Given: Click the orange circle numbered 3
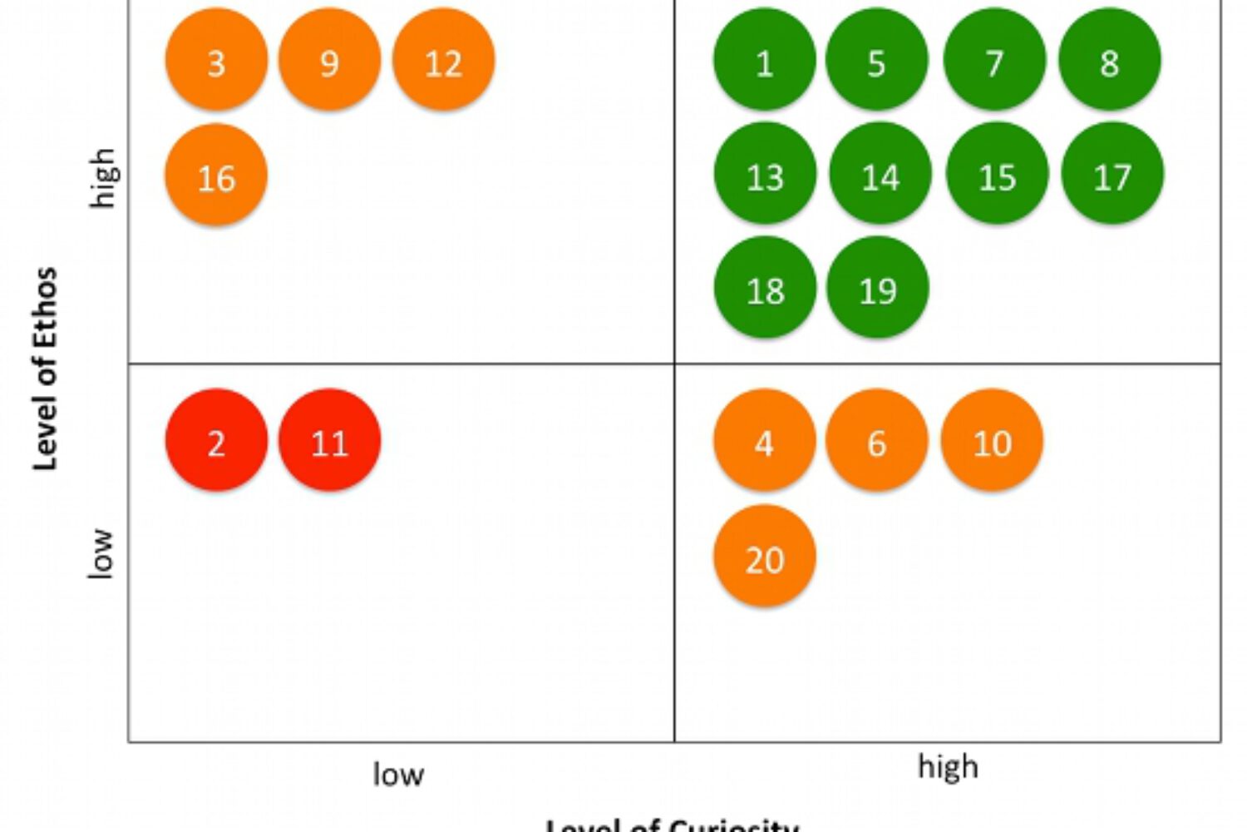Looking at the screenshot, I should (216, 60).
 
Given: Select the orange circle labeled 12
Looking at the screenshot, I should (443, 60).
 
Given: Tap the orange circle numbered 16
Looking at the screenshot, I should (216, 176).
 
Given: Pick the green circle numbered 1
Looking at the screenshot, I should (764, 60).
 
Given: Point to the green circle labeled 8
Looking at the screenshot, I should (1109, 60).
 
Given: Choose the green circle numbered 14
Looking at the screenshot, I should (880, 174).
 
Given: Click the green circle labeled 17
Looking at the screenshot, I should (1112, 174).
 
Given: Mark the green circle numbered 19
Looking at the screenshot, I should (877, 288).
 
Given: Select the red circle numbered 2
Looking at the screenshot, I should (216, 440).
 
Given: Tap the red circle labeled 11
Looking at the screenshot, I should (329, 440).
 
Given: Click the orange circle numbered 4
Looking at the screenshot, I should (764, 440).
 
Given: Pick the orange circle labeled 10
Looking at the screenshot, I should (992, 440).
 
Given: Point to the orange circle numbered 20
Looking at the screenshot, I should (764, 556).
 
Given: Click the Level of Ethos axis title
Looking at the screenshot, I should (45, 369).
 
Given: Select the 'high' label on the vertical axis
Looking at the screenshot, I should (103, 177).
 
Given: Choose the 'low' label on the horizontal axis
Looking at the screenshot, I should (398, 775).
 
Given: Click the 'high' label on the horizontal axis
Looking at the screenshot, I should (948, 766).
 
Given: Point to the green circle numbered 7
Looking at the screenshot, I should (994, 60).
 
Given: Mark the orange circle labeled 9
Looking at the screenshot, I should (329, 60).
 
